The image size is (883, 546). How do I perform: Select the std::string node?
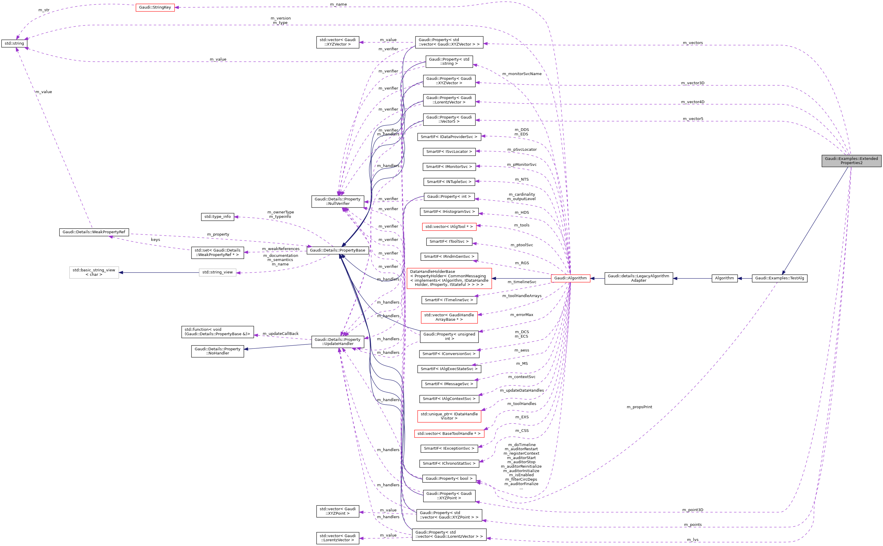tap(14, 44)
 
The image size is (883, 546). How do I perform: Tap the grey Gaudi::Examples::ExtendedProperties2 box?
tap(851, 161)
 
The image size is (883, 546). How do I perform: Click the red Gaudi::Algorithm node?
tap(570, 278)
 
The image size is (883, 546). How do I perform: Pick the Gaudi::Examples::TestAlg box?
tap(779, 278)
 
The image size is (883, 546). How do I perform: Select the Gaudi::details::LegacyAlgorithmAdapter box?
tap(638, 278)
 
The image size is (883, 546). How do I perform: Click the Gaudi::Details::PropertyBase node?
tap(337, 250)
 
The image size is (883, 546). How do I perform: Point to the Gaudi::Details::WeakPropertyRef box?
tap(94, 232)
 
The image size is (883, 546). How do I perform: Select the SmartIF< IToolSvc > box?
tap(449, 241)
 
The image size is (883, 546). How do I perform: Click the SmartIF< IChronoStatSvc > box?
tap(449, 463)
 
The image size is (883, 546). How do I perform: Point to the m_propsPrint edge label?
tap(639, 407)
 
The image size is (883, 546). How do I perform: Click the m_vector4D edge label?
tap(692, 102)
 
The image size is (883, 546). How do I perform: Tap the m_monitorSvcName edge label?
tap(522, 74)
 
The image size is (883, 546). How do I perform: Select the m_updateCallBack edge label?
tap(280, 334)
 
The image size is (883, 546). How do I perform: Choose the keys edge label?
tap(155, 240)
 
